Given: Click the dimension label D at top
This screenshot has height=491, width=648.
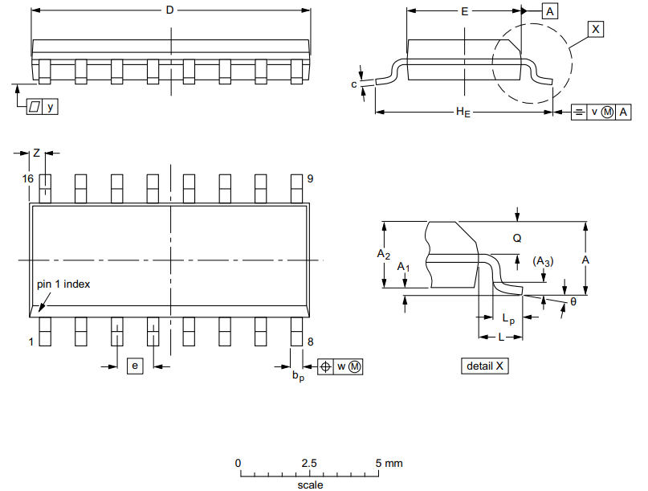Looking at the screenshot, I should (169, 10).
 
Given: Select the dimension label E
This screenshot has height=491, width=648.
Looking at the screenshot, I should (464, 12).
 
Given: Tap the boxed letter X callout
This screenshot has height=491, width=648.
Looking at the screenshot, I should (595, 29).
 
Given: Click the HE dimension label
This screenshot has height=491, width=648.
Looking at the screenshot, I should (463, 113).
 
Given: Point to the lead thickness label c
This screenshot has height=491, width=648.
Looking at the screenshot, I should (354, 84).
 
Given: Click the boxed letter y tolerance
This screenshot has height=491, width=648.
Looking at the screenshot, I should (51, 106).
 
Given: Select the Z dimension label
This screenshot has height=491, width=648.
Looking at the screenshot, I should (36, 152).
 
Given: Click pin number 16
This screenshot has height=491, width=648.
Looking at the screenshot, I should (28, 178).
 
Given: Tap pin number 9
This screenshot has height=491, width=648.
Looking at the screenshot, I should (310, 178).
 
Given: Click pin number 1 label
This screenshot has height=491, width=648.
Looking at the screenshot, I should (32, 342).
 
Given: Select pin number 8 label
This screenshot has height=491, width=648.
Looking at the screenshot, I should (310, 342).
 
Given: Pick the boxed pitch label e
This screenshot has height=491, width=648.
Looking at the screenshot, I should (135, 366).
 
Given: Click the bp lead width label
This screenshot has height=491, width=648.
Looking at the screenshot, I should (298, 375).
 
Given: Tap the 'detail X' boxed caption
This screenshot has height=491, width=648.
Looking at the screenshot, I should (487, 366).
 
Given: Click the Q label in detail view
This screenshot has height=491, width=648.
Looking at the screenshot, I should (517, 239).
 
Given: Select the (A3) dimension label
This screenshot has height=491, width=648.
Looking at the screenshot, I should (543, 262).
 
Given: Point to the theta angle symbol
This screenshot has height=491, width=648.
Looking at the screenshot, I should (573, 301).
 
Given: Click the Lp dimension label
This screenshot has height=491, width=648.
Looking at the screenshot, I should (508, 319).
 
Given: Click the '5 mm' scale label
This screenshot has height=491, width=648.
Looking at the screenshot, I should (389, 463).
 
